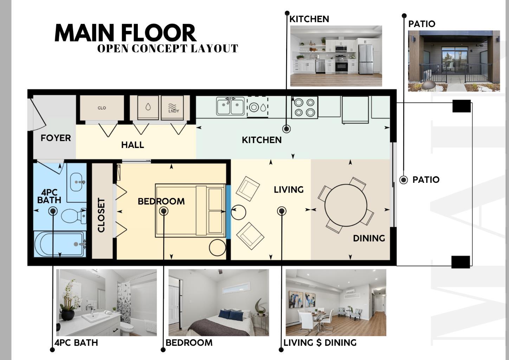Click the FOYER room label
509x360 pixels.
coord(56,138)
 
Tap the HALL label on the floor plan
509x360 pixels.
coord(133,144)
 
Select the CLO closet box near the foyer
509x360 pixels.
coord(102,108)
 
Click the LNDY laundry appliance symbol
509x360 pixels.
coord(173,108)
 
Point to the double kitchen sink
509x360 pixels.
coord(230,106)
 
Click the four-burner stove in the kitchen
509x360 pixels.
coord(304,107)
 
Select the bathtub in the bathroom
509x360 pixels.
coord(60,244)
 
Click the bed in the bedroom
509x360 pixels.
coord(190,210)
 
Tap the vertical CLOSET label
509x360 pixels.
coord(101,215)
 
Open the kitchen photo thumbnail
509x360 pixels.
coord(336,56)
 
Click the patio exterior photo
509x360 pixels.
coord(453,61)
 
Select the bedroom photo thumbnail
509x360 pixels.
coord(218,302)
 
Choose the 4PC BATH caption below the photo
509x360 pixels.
coord(76,342)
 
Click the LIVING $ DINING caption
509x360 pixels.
coord(320,342)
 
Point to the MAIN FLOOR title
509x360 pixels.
coord(125,33)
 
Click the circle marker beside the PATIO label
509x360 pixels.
coord(404,180)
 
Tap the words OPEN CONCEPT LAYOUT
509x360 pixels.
coord(167,49)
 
